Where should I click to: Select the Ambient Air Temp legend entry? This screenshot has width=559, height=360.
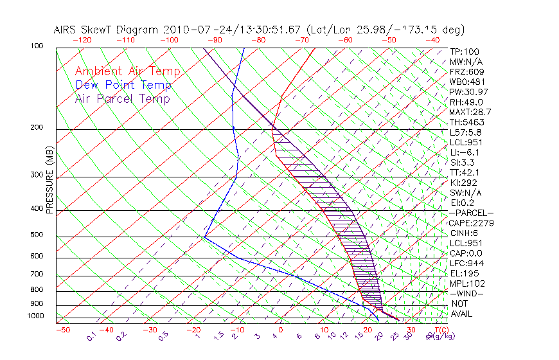click(127, 71)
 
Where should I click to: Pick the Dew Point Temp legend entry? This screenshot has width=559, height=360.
click(123, 85)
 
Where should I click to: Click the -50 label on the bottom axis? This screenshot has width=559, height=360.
click(62, 330)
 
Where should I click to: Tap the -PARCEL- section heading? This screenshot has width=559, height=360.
click(471, 213)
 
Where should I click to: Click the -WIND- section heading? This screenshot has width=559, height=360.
click(466, 293)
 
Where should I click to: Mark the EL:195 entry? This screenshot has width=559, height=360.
click(463, 273)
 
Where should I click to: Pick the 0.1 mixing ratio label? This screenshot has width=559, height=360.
click(91, 336)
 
